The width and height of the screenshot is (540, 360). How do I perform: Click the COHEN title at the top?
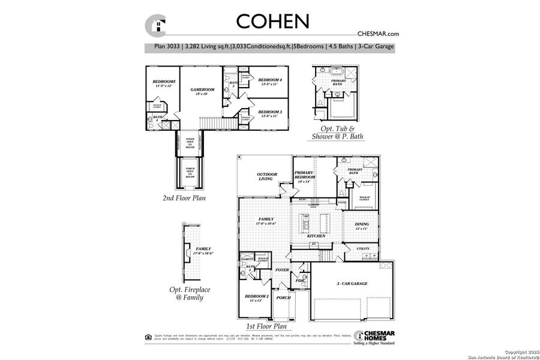coord(273,21)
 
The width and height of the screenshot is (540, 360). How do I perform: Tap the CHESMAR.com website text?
coord(378,35)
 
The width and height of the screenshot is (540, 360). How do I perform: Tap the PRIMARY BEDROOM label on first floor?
coord(306,175)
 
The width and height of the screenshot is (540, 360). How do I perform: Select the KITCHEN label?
coord(316,236)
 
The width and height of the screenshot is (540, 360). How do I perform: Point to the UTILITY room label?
coord(362,248)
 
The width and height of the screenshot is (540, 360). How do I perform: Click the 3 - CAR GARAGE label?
coord(352,283)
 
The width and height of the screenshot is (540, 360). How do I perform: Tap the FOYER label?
coord(282,270)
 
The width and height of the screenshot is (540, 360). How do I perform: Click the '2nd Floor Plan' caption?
coord(185,197)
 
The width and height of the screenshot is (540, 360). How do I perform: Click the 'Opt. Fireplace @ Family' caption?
coord(186,293)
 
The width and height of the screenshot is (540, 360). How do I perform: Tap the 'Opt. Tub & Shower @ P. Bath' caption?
coord(337,133)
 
